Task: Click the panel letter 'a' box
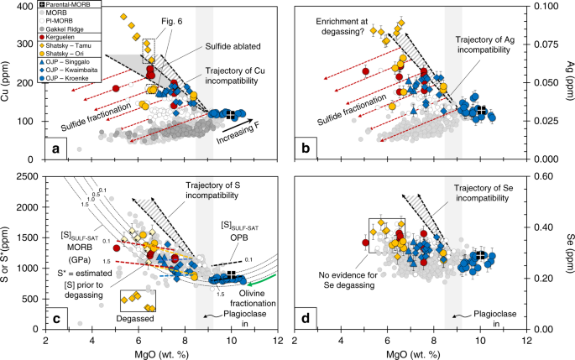click(56, 149)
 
